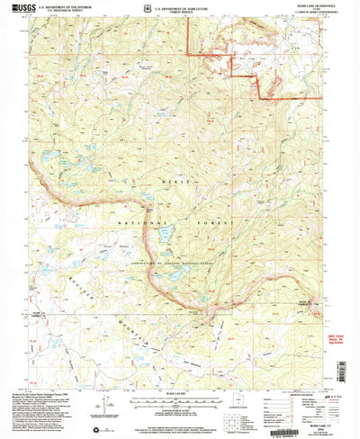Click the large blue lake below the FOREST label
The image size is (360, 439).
(166, 235)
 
